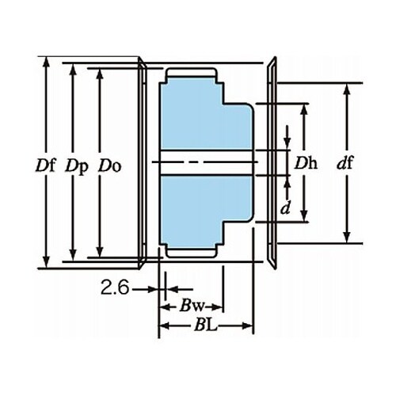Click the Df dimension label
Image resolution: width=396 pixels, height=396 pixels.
46,166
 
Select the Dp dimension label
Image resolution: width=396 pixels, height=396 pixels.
77,167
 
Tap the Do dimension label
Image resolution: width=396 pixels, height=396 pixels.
110,166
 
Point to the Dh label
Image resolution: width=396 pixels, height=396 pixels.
306,162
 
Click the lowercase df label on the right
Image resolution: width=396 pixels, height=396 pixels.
345,162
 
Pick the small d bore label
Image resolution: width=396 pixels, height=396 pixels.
285,208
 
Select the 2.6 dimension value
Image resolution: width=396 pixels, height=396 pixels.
115,287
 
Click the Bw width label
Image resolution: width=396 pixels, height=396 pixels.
192,306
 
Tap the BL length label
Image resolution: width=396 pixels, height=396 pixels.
205,326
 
